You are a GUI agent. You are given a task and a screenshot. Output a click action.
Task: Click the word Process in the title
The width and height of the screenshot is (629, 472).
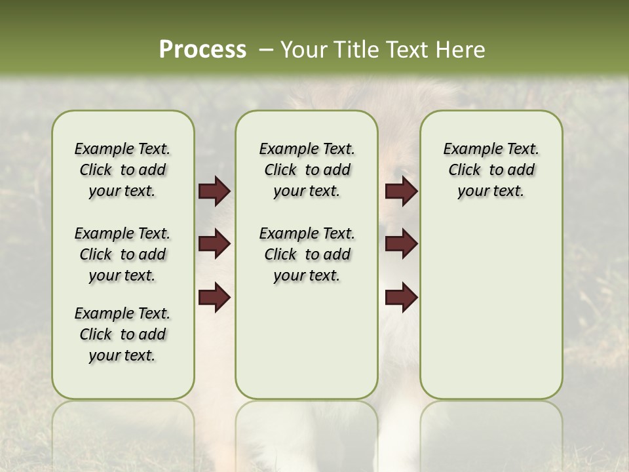[x=202, y=50]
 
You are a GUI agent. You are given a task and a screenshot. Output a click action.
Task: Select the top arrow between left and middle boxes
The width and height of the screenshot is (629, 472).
[x=214, y=191]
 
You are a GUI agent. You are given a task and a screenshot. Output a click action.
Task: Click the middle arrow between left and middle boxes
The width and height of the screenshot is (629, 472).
[x=214, y=245]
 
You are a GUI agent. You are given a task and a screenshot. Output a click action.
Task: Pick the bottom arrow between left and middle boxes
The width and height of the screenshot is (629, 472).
[x=214, y=298]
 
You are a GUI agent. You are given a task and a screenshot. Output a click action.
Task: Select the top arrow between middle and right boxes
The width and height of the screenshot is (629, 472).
[x=401, y=191]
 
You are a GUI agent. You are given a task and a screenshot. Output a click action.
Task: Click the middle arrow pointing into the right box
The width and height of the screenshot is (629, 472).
[x=401, y=245]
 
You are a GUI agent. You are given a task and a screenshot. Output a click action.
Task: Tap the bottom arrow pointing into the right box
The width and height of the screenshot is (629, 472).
[x=401, y=298]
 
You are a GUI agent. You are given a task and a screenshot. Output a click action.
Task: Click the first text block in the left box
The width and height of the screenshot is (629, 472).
[x=123, y=170]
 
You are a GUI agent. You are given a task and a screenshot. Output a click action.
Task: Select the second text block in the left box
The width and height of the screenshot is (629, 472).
[x=123, y=254]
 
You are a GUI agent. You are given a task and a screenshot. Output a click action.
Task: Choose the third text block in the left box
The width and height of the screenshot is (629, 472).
[x=123, y=334]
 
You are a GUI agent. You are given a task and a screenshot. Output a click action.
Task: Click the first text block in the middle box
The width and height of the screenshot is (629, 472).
[x=307, y=170]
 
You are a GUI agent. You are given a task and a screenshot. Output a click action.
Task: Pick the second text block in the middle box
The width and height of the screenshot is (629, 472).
[x=307, y=254]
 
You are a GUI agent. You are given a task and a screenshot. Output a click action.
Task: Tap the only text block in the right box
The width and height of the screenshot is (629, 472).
[x=491, y=170]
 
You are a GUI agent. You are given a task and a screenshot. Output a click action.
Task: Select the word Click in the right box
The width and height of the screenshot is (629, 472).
[x=465, y=170]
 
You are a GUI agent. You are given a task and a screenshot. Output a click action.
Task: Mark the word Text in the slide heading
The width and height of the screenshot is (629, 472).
[x=404, y=50]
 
